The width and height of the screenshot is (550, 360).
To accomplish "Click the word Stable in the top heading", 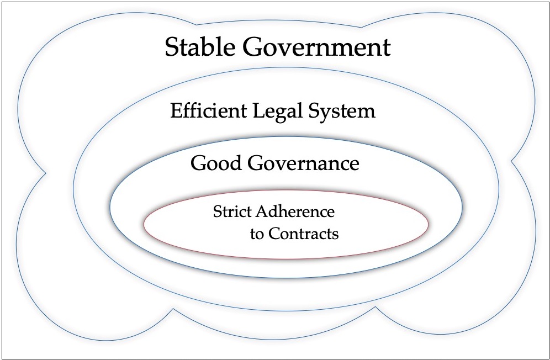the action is (200, 47).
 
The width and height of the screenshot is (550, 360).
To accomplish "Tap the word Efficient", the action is (208, 110).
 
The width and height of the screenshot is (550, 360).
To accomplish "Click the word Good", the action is (216, 163).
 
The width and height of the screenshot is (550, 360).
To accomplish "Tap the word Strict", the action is (232, 211).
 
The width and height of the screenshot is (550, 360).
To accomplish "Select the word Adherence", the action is (295, 211).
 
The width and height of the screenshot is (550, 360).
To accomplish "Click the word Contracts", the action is (304, 234).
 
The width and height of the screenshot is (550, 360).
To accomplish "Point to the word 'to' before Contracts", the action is (257, 234).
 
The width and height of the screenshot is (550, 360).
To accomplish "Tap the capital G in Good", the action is (199, 163).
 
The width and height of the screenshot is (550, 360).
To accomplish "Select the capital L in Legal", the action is (259, 110).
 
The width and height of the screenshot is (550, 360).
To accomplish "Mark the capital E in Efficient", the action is (177, 110).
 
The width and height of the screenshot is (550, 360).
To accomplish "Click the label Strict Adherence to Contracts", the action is (276, 223).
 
